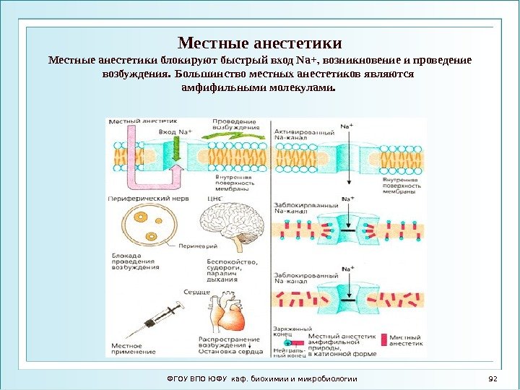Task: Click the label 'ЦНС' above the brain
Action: click(214, 196)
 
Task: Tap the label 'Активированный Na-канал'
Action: click(303, 138)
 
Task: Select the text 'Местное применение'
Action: click(133, 348)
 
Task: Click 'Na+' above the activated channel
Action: click(347, 127)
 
